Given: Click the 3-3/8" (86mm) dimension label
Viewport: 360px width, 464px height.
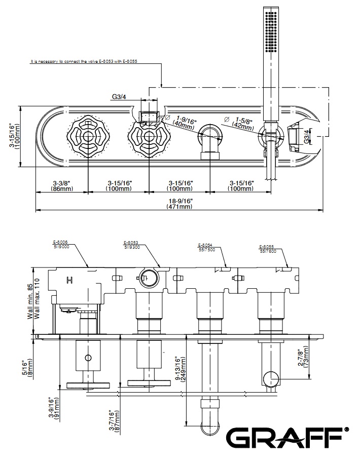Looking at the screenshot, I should [x=62, y=185].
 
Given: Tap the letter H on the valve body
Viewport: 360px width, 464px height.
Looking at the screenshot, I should [x=68, y=279].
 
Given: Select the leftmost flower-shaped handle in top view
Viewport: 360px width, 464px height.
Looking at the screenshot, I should [x=89, y=137].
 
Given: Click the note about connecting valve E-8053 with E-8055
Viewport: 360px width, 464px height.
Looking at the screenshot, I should [x=84, y=61].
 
